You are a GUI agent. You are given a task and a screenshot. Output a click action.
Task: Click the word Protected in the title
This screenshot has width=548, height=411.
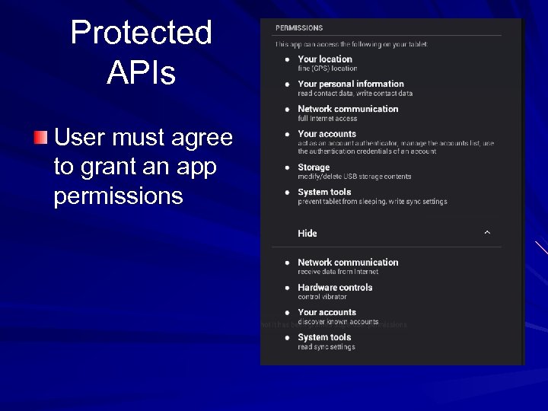pos(141,33)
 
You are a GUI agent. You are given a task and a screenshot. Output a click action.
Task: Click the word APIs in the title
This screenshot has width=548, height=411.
pos(141,73)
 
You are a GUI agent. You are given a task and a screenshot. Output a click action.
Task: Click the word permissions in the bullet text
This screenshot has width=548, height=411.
pos(118,196)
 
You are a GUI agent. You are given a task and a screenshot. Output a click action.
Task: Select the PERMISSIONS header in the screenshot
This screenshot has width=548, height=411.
pos(299,28)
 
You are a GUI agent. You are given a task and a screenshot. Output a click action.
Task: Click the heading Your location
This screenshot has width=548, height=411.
pos(325,59)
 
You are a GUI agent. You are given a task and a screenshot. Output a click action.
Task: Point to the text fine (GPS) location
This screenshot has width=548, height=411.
pos(327,68)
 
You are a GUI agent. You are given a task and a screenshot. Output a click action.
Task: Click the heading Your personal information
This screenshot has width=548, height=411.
pos(351,84)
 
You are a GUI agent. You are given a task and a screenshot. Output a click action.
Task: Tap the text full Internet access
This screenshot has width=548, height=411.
pos(327,118)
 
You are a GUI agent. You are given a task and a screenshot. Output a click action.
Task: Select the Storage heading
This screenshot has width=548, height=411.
pos(314,167)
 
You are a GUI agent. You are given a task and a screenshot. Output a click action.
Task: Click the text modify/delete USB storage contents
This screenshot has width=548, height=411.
pos(355,177)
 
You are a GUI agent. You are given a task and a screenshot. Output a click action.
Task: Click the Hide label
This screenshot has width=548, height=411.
pos(307,234)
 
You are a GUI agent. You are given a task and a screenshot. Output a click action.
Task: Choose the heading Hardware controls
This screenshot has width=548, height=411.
pos(335,288)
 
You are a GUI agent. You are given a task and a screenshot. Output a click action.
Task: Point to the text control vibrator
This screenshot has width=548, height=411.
pos(322,297)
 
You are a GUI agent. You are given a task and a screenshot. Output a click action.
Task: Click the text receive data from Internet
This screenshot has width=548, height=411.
pos(338,272)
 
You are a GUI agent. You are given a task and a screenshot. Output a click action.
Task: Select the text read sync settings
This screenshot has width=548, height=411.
pos(327,347)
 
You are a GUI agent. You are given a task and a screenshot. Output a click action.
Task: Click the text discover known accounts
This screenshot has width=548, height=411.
pos(338,322)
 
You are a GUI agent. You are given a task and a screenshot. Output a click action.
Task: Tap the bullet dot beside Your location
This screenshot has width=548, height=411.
pos(287,59)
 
